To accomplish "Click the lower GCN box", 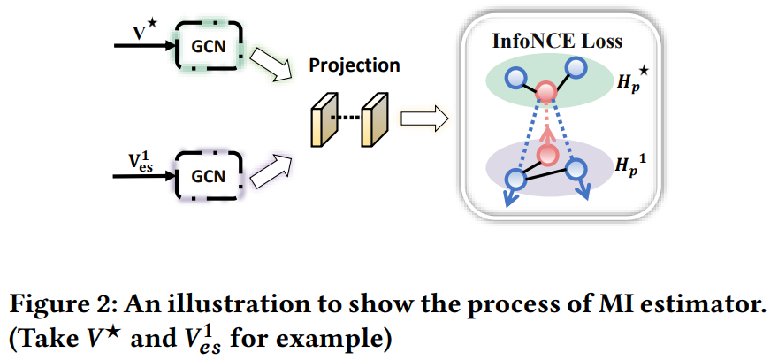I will click(x=210, y=175).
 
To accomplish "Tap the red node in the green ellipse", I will click(x=547, y=90).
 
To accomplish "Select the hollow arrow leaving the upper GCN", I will click(x=269, y=65).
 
